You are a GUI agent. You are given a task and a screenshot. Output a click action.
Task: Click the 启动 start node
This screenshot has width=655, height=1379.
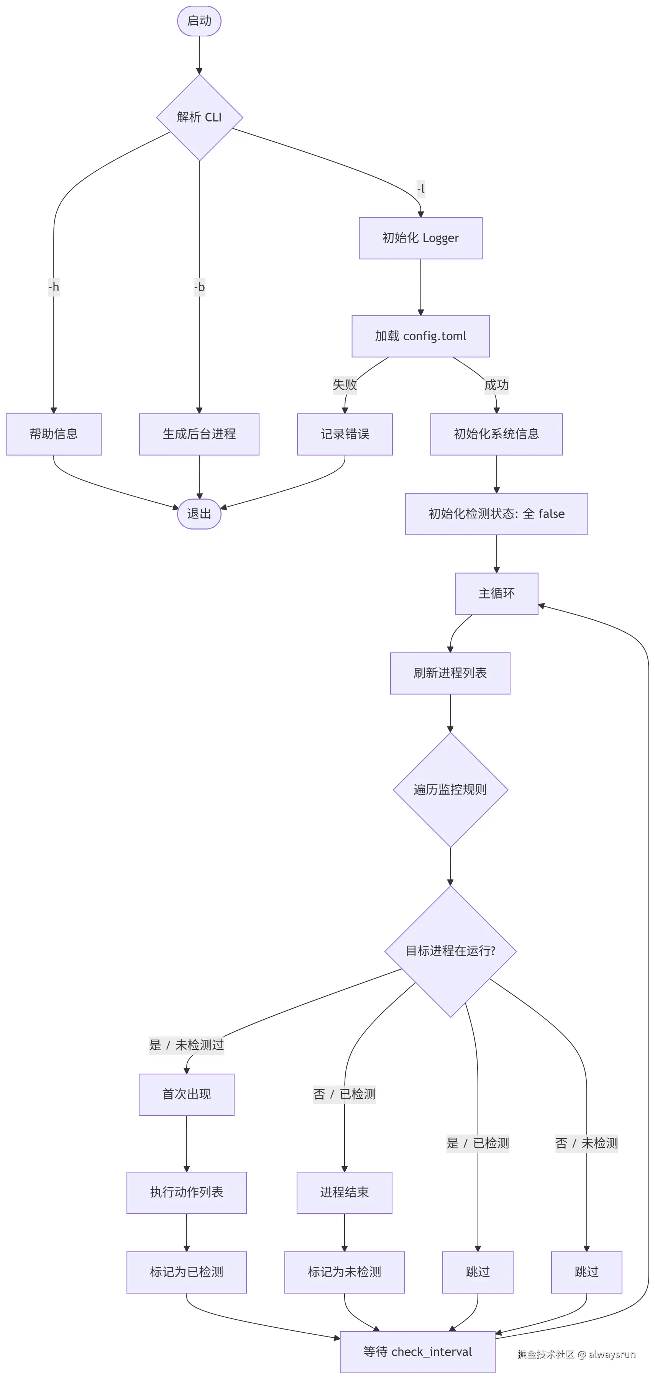(x=199, y=21)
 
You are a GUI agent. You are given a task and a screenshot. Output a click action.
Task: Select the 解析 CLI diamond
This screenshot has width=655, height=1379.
(x=199, y=117)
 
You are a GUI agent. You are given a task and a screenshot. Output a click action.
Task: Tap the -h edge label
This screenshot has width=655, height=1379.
(x=54, y=287)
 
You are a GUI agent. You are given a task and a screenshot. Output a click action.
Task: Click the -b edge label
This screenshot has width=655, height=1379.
(x=199, y=287)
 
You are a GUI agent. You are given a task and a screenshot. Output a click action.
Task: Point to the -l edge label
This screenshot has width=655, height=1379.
(x=420, y=189)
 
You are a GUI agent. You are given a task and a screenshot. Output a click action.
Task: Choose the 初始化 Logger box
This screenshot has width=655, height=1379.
(x=420, y=238)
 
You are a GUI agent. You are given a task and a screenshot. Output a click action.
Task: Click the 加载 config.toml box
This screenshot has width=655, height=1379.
(x=420, y=336)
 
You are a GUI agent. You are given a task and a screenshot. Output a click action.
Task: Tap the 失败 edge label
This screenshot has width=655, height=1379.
(x=345, y=385)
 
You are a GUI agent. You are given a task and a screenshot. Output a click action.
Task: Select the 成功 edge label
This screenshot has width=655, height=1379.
(x=496, y=385)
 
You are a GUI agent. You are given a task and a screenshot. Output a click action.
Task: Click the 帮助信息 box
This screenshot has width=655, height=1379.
(x=54, y=434)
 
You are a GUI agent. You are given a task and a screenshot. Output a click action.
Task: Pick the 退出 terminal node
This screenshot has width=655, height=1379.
(x=199, y=514)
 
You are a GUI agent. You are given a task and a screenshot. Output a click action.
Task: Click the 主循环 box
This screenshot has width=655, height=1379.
(x=496, y=594)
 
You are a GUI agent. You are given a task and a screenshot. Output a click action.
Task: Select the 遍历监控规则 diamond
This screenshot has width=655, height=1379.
(x=450, y=790)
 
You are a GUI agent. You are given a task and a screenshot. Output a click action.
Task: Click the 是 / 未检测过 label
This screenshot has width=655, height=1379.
(x=186, y=1045)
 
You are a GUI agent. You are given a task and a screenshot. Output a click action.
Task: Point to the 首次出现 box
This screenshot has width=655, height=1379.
(x=186, y=1094)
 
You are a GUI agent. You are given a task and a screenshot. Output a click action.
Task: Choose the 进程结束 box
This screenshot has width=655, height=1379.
(x=345, y=1192)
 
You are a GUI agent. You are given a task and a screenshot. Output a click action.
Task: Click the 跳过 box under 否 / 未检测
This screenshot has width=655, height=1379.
(x=586, y=1272)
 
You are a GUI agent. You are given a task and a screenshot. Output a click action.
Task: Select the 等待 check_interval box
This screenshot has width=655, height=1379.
(x=417, y=1352)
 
